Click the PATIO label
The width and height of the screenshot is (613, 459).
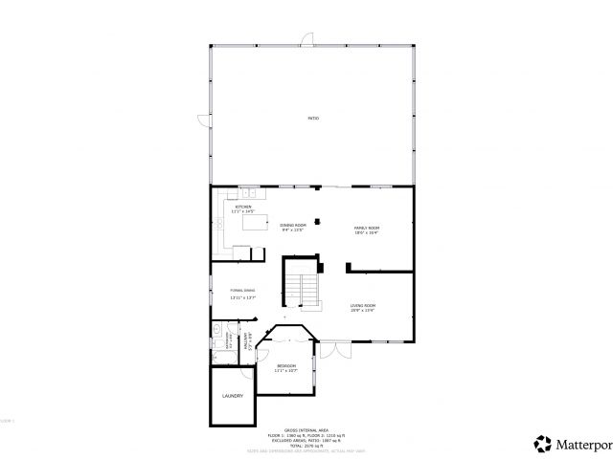click(313, 118)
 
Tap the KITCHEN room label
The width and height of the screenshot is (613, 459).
click(243, 208)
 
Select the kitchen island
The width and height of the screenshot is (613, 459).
click(255, 224)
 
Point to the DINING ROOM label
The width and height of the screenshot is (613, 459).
click(292, 228)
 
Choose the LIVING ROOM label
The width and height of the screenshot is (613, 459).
click(362, 307)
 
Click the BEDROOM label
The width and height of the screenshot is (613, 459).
click(286, 367)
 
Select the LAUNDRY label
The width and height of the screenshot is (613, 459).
click(233, 396)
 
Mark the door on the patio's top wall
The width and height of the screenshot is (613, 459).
click(306, 39)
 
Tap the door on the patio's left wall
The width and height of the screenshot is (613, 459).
click(204, 120)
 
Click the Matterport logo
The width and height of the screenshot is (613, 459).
click(572, 443)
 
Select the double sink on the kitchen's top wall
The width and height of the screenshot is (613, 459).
click(245, 191)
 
